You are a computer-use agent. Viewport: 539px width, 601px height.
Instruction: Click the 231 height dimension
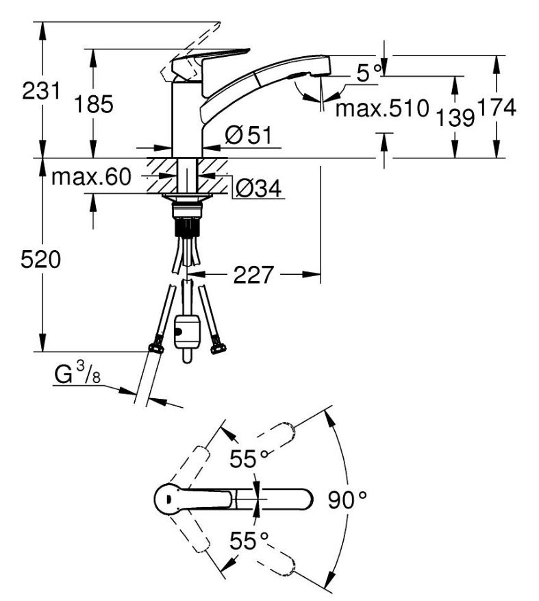coord(41,91)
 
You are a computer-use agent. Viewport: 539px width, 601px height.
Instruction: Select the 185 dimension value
coord(93,104)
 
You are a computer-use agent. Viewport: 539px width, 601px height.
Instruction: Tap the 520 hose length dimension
coord(40,260)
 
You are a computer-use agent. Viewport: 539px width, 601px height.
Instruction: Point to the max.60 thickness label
coord(91,177)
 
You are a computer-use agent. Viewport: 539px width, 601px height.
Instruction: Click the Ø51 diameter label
coord(248,135)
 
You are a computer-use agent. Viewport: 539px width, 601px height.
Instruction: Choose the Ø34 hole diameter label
coord(259,188)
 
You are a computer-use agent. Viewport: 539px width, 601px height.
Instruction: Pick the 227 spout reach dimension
coord(253,275)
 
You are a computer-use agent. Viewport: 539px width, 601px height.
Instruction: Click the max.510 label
coord(382,108)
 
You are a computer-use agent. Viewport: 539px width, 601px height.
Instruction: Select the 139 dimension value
coord(455,117)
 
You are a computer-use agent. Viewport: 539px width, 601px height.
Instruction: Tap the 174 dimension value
coord(497,108)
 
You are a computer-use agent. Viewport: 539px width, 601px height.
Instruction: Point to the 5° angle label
coord(369,73)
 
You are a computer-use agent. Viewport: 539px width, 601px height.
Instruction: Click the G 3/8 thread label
coord(77,373)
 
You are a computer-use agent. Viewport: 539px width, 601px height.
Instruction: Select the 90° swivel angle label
coord(347,500)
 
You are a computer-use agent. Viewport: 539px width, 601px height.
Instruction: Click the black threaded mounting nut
coord(188,227)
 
